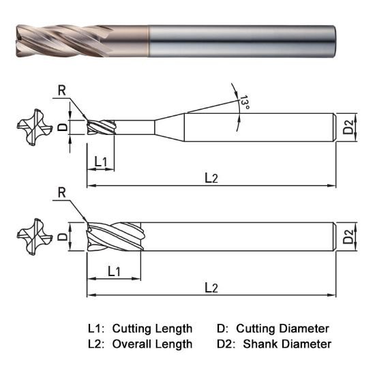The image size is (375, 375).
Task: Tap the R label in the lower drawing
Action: [62, 193]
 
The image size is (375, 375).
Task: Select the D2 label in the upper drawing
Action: [348, 127]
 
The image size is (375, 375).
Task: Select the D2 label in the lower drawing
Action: [348, 237]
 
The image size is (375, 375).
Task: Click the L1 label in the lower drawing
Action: [114, 271]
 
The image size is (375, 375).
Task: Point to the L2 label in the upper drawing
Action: [211, 178]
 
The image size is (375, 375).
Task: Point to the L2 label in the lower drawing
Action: [211, 288]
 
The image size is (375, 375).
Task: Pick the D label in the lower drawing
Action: [62, 237]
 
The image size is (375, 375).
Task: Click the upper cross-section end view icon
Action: [33, 128]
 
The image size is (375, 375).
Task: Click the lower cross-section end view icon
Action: [33, 237]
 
